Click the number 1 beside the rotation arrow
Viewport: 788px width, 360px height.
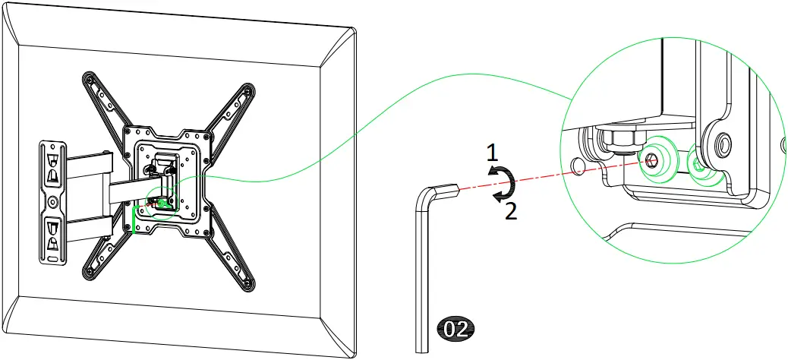click(492, 153)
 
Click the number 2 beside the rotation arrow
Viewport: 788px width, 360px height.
click(511, 210)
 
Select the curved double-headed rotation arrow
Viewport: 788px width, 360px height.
click(502, 185)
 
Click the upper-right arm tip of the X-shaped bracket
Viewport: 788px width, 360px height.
click(247, 91)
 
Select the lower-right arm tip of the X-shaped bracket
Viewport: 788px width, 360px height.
click(248, 286)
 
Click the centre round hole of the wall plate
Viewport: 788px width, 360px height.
click(52, 203)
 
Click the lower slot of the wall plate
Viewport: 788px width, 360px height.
click(52, 235)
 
